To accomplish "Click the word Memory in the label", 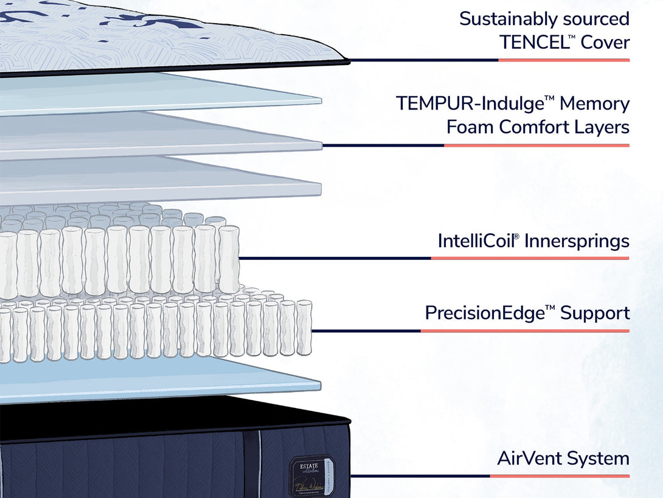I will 594,103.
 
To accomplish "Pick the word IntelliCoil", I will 478,240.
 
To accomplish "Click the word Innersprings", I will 577,240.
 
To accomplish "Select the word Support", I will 595,313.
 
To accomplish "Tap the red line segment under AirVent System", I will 560,476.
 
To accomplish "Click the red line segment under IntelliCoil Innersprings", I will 530,258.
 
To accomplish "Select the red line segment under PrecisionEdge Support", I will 524,331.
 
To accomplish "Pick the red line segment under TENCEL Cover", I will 564,60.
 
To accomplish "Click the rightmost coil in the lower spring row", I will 304,328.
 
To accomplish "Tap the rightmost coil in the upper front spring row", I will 229,259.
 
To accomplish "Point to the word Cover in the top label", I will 605,42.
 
